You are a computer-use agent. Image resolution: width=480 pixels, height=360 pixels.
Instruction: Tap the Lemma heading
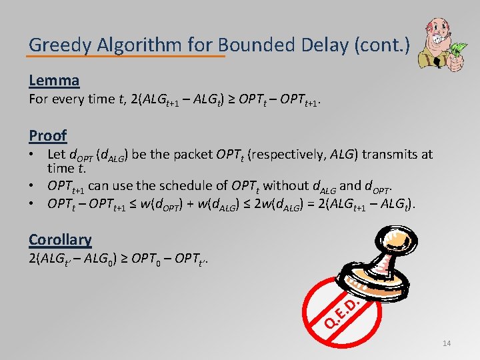click(54, 81)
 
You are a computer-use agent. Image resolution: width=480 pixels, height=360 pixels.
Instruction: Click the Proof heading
click(47, 135)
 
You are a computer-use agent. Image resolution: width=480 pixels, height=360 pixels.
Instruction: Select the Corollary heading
click(60, 239)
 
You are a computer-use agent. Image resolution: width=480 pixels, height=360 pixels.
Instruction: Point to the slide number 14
click(446, 343)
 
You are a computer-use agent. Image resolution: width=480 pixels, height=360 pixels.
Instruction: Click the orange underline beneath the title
click(127, 56)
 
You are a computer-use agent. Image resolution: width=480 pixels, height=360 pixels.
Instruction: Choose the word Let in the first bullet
click(57, 155)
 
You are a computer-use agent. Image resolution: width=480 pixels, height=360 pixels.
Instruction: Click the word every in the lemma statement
click(72, 99)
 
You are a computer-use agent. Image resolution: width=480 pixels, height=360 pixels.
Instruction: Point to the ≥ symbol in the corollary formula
click(125, 258)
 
